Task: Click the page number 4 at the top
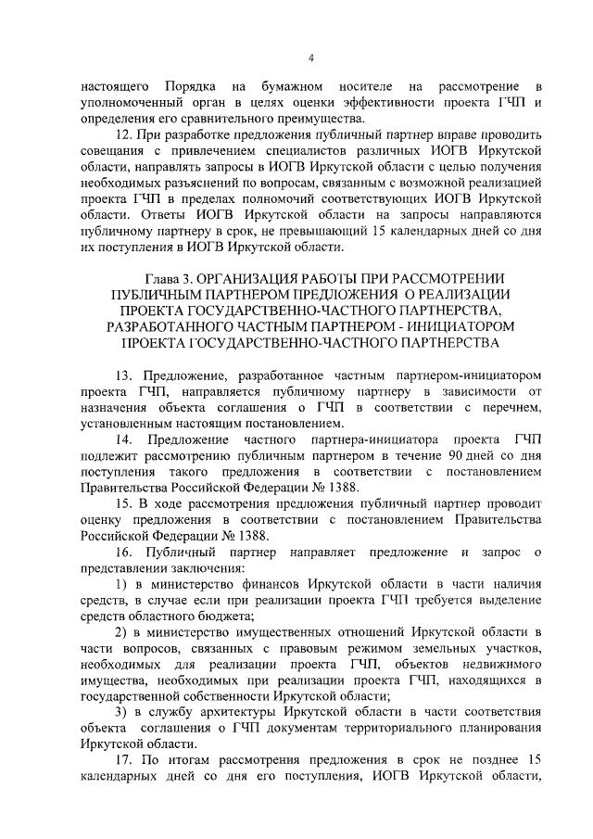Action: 311,59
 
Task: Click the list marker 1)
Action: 121,584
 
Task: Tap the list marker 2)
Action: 121,632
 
